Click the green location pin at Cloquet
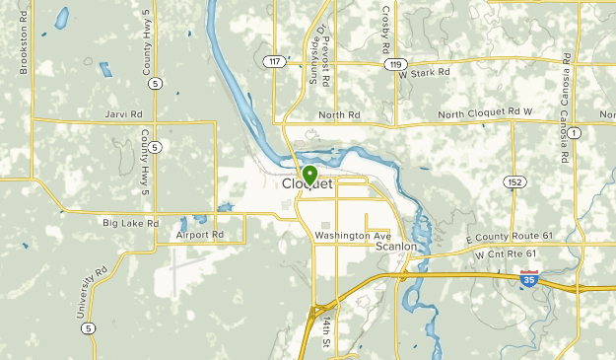[x=309, y=175]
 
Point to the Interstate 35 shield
[x=529, y=279]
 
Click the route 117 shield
[x=273, y=61]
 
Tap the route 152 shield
[x=513, y=181]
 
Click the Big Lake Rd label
[x=130, y=224]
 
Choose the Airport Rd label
[x=200, y=236]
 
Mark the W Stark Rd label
[x=425, y=72]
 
